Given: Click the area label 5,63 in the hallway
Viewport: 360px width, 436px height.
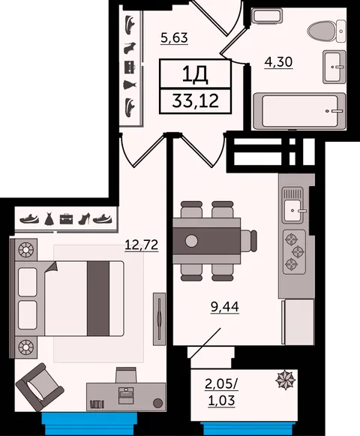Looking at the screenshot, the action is click(174, 38).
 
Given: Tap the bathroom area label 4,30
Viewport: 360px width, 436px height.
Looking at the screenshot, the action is click(278, 62).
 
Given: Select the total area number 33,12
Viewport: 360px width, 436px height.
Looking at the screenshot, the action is click(196, 101).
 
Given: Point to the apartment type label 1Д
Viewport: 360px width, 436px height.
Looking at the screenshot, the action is click(196, 75).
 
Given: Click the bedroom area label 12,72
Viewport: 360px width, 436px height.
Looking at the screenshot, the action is click(142, 245).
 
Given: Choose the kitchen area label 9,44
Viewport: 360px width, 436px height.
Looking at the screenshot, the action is click(225, 307).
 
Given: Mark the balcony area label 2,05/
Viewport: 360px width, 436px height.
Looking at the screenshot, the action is click(221, 384).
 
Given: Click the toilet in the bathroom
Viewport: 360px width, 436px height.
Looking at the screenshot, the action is click(326, 31).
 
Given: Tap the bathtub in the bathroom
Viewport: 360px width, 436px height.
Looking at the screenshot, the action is click(299, 111).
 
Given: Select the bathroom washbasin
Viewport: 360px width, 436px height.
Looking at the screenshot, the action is click(334, 67).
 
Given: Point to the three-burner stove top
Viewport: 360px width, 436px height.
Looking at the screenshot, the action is click(295, 252).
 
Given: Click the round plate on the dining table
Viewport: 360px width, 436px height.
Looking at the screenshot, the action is click(191, 241).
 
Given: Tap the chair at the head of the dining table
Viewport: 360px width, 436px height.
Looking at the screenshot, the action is click(248, 241).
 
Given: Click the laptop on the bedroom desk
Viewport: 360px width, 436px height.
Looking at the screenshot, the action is click(126, 395).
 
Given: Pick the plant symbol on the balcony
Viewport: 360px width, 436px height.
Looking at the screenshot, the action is click(286, 380).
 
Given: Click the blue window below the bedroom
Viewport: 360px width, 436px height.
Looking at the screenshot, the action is click(89, 423).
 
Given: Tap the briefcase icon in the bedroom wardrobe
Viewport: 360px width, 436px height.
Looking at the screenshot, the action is click(67, 219).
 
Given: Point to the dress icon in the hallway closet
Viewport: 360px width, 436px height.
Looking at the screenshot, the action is click(130, 85).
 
